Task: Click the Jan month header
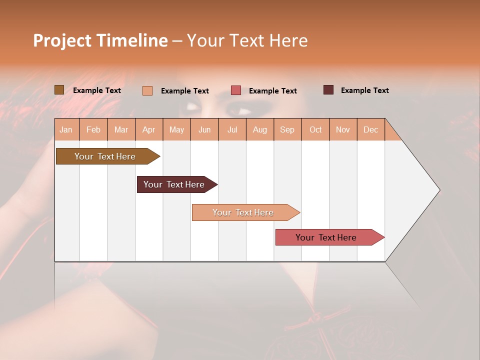tap(66, 129)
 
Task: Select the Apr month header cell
tap(149, 129)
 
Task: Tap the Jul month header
tap(232, 129)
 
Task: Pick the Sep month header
tap(287, 129)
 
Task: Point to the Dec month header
tap(370, 129)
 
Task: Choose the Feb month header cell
tap(93, 129)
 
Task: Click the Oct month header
tap(315, 129)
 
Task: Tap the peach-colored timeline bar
tap(243, 212)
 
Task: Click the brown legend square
tap(59, 90)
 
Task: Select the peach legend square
tap(147, 90)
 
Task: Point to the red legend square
tap(236, 90)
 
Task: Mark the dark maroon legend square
tap(328, 90)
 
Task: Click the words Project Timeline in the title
tap(100, 40)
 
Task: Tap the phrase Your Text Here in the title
tap(247, 40)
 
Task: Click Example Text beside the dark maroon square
tap(364, 90)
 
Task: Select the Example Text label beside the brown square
tap(97, 90)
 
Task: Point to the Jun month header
tap(204, 129)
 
